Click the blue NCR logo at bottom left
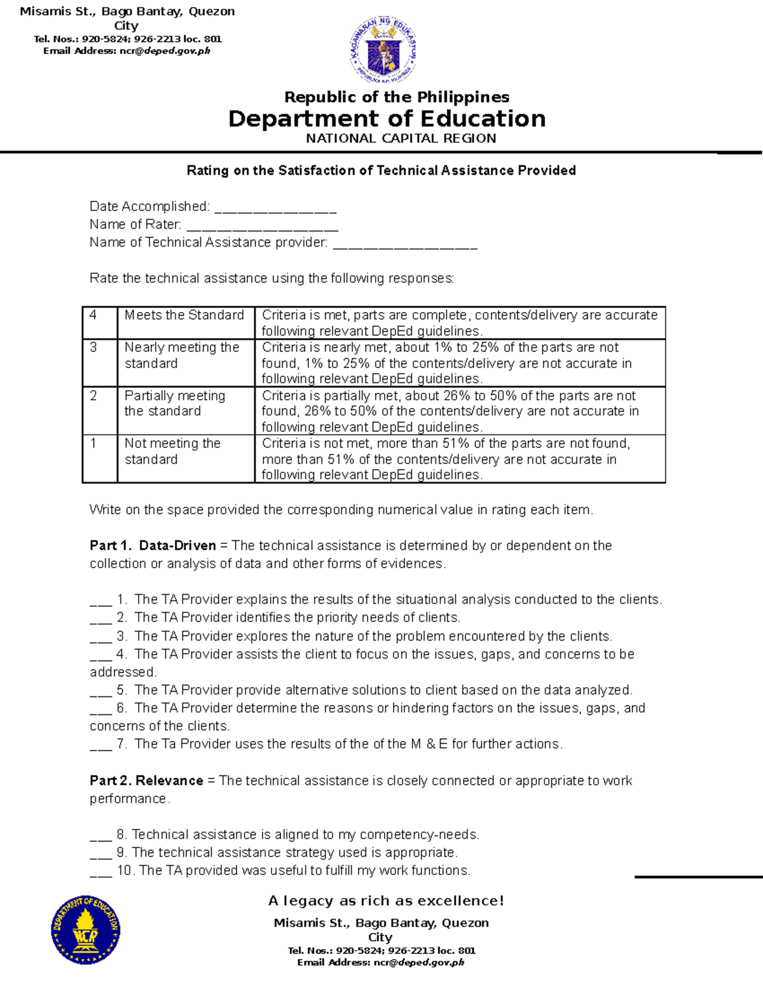pyautogui.click(x=85, y=930)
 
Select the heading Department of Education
pyautogui.click(x=387, y=119)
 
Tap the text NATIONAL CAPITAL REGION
pyautogui.click(x=401, y=139)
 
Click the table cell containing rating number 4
pyautogui.click(x=99, y=322)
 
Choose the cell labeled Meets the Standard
pyautogui.click(x=185, y=322)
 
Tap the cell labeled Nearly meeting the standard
pyautogui.click(x=185, y=362)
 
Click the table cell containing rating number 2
pyautogui.click(x=99, y=410)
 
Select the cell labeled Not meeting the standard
pyautogui.click(x=185, y=458)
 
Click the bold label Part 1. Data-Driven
pyautogui.click(x=153, y=545)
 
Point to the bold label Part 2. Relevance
pyautogui.click(x=146, y=780)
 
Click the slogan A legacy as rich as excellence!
pyautogui.click(x=386, y=901)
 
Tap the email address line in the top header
pyautogui.click(x=127, y=51)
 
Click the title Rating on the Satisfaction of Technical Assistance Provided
pyautogui.click(x=381, y=170)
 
